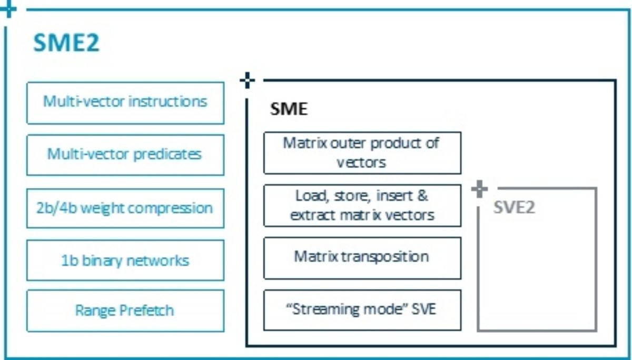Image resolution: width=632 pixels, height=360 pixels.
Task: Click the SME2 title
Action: pyautogui.click(x=66, y=43)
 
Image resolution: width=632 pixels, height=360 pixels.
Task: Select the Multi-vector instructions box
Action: pyautogui.click(x=125, y=103)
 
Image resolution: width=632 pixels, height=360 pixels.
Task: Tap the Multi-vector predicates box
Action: pyautogui.click(x=125, y=155)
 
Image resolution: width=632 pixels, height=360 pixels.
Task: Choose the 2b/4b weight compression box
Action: pyautogui.click(x=125, y=208)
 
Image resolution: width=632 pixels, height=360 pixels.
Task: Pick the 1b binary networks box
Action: pyautogui.click(x=125, y=260)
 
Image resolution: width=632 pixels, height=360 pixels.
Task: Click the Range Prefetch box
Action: pyautogui.click(x=125, y=311)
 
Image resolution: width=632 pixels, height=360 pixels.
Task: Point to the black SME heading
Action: pyautogui.click(x=289, y=109)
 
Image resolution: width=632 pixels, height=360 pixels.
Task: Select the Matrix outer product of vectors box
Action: pyautogui.click(x=362, y=153)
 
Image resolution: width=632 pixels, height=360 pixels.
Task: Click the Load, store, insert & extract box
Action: pyautogui.click(x=362, y=205)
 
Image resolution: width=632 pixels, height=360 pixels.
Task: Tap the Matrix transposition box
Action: pyautogui.click(x=362, y=258)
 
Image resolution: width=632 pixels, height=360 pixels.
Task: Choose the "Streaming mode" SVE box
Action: pyautogui.click(x=362, y=310)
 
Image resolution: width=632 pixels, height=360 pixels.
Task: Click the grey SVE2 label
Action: pyautogui.click(x=514, y=207)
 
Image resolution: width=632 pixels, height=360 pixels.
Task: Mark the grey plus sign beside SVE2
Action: pyautogui.click(x=479, y=189)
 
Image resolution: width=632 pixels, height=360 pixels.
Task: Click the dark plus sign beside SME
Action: pyautogui.click(x=247, y=81)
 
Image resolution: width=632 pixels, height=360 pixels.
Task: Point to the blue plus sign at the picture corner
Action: pyautogui.click(x=8, y=9)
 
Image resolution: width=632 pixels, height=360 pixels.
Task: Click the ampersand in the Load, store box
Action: pyautogui.click(x=422, y=196)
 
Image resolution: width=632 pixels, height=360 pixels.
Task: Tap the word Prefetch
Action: pyautogui.click(x=147, y=311)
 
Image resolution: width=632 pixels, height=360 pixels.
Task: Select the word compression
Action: pyautogui.click(x=171, y=209)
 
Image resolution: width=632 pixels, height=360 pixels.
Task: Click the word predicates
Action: pyautogui.click(x=167, y=155)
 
